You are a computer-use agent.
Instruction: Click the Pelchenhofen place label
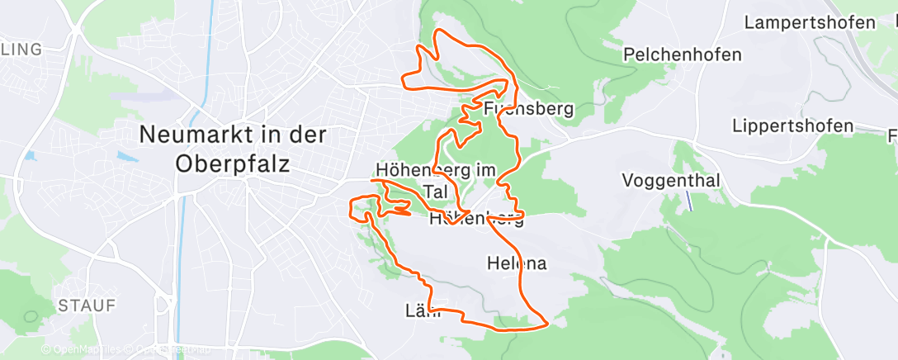683,55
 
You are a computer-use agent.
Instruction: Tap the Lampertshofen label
809,22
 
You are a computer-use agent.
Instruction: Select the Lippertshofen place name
792,126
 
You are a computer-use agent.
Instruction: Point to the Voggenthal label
671,181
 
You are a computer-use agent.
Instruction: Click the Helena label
518,263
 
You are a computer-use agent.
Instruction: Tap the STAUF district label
86,306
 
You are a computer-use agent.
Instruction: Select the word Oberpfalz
233,163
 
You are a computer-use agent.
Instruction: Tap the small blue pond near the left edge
31,154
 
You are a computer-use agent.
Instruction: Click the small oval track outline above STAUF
31,316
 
